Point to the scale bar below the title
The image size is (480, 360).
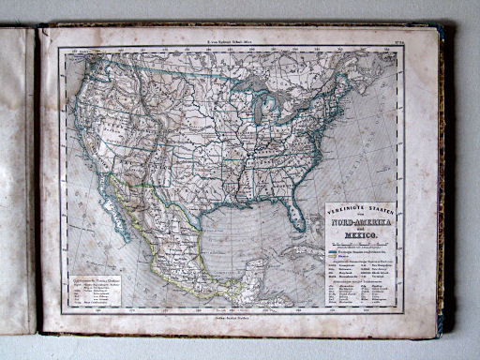(362, 244)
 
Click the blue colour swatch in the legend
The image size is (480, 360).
(331, 251)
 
